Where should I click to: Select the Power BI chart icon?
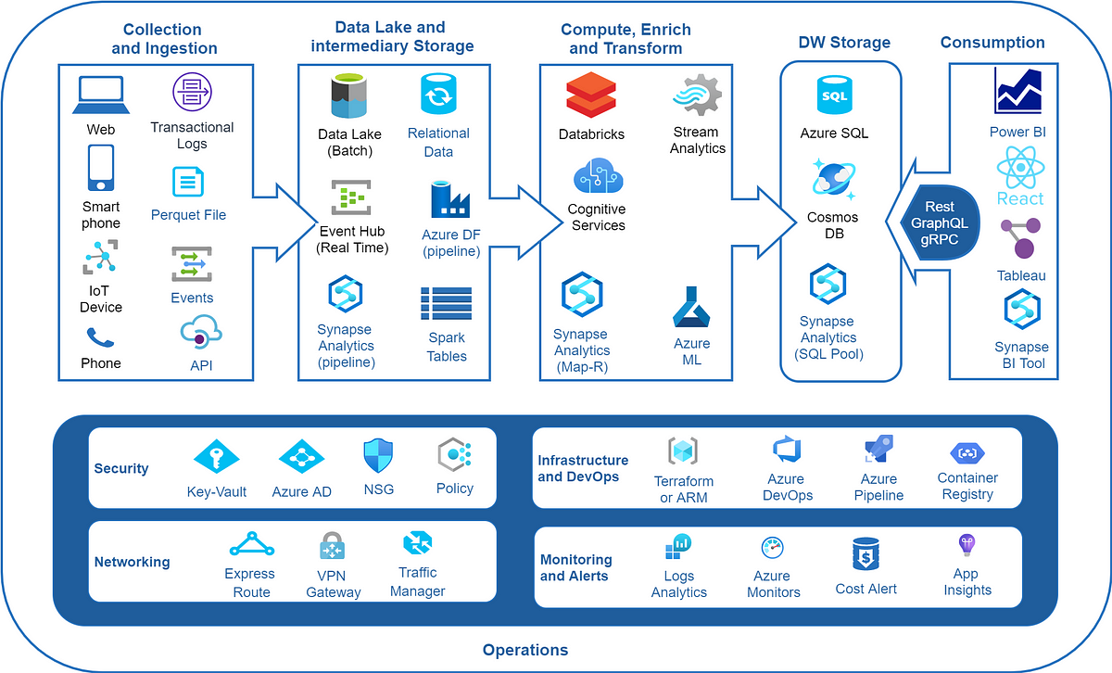pyautogui.click(x=1019, y=92)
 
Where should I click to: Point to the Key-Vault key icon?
pyautogui.click(x=216, y=456)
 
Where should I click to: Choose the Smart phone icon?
pyautogui.click(x=101, y=169)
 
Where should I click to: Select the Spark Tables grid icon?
pyautogui.click(x=447, y=303)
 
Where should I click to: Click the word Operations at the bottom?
pyautogui.click(x=525, y=650)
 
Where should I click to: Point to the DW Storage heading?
pyautogui.click(x=844, y=43)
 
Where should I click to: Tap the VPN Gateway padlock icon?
pyautogui.click(x=332, y=547)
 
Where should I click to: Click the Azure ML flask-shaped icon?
pyautogui.click(x=690, y=308)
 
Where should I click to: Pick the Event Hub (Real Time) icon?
pyautogui.click(x=351, y=197)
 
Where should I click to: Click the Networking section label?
pyautogui.click(x=132, y=562)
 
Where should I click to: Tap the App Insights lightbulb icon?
pyautogui.click(x=967, y=545)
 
